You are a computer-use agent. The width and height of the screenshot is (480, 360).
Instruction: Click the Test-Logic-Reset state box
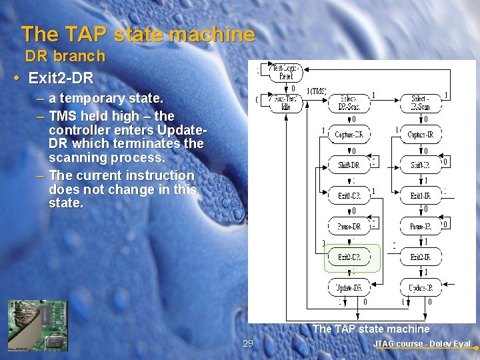[x=285, y=71]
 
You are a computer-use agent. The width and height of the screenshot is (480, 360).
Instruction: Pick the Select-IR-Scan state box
[x=419, y=102]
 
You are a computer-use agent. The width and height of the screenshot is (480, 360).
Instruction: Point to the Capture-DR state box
[x=349, y=135]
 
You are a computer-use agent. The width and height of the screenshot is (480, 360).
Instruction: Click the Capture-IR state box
[x=420, y=135]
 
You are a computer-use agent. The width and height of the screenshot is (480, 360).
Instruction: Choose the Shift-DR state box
[x=349, y=165]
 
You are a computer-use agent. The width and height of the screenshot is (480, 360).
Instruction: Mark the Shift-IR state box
[x=420, y=165]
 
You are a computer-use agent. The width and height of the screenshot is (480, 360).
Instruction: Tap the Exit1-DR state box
[x=349, y=195]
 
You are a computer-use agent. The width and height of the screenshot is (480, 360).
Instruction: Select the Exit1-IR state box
[x=420, y=195]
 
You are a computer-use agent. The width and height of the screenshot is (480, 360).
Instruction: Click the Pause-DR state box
[x=349, y=226]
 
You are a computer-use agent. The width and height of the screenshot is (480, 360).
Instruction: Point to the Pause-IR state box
[x=420, y=226]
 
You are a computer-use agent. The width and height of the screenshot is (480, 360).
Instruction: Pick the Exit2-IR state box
[x=420, y=257]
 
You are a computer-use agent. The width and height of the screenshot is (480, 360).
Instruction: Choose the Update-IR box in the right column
[x=420, y=287]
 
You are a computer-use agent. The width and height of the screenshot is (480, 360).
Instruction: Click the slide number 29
[x=248, y=343]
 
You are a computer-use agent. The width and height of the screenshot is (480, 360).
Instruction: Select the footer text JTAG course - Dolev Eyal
[x=422, y=344]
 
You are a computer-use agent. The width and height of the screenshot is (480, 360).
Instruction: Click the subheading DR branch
[x=65, y=57]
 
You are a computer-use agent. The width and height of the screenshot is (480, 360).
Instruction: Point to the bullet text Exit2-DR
[x=61, y=78]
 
